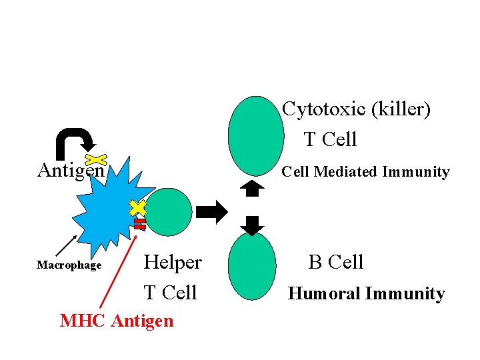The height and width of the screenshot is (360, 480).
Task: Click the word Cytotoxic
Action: pos(323,109)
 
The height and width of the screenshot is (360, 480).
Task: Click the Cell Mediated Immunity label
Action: pos(365,172)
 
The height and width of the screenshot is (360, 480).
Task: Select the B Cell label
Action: pos(336,262)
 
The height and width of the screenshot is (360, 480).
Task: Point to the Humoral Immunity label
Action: pos(366,293)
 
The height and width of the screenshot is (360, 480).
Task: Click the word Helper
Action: pos(173,262)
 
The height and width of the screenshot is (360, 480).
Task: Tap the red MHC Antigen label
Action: pos(117,321)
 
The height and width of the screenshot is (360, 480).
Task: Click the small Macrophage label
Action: pos(69,265)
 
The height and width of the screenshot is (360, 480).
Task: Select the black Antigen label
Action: pos(71,171)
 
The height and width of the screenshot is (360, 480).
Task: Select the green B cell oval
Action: pos(252,266)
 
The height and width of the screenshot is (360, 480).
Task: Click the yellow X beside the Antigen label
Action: pos(97,159)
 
